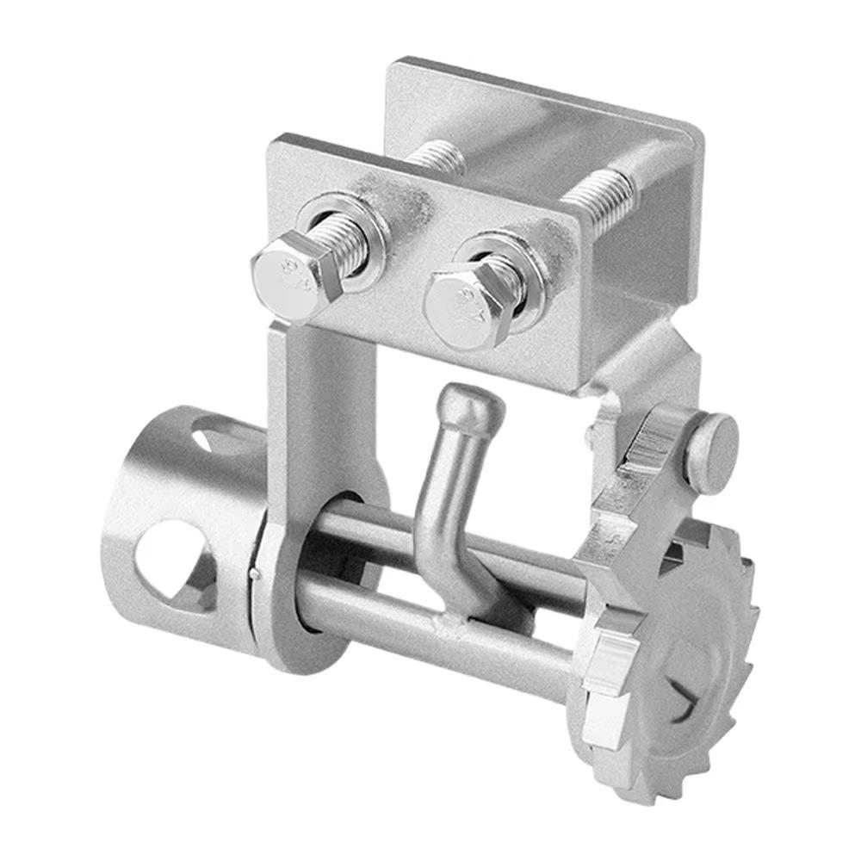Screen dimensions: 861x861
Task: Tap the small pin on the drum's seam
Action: point(251,570)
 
